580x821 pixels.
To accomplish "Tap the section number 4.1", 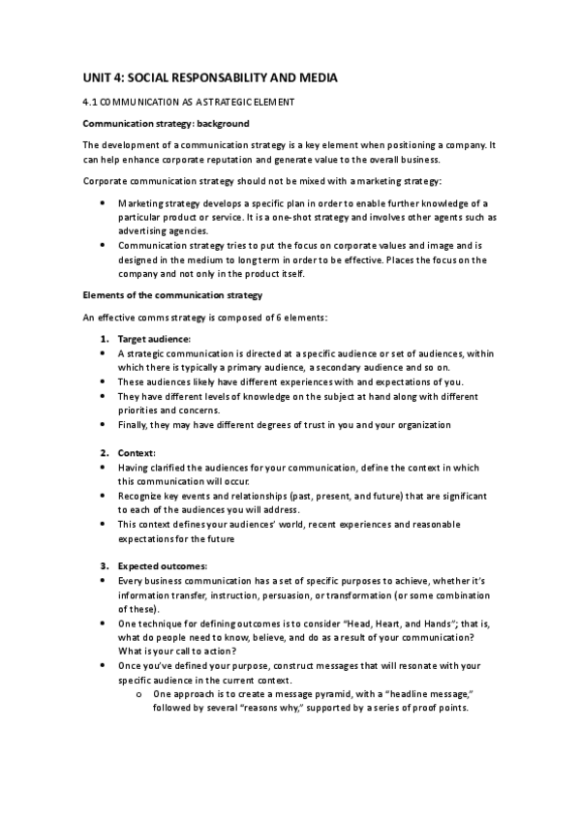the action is pos(90,102).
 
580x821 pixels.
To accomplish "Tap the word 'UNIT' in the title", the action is pos(97,77).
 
